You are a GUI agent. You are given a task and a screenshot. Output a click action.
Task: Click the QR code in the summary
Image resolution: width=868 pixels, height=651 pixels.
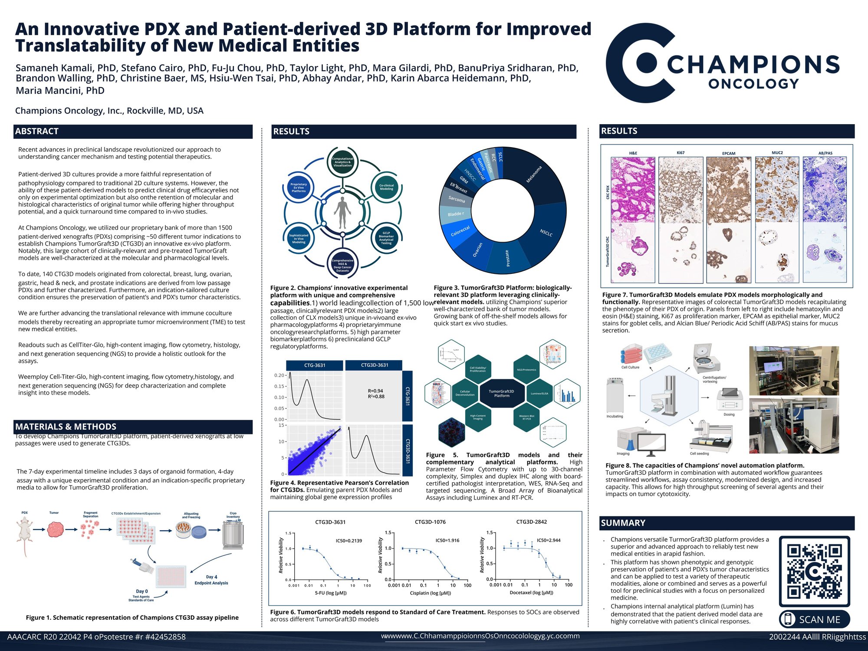814,571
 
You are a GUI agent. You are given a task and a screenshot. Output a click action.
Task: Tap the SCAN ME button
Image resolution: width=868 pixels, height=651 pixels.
814,619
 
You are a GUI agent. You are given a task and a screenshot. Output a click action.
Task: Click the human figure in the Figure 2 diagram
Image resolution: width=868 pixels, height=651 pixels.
342,213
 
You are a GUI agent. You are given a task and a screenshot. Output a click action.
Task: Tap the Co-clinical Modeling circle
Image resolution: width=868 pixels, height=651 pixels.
386,187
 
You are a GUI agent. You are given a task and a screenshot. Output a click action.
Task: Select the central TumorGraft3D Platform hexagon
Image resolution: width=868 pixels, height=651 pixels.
501,393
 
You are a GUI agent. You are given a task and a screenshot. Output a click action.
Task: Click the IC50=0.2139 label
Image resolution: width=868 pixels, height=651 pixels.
349,541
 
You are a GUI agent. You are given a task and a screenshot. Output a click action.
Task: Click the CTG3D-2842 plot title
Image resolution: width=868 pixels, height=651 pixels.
531,522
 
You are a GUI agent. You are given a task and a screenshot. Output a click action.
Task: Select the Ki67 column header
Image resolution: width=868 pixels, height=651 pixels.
680,153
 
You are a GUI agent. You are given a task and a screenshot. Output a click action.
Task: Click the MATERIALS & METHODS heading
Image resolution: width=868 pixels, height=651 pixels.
66,427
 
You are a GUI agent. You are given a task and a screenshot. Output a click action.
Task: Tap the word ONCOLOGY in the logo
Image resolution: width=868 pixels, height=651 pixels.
753,84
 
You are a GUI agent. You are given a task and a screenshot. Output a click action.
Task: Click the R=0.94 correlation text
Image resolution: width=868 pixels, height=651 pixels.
375,391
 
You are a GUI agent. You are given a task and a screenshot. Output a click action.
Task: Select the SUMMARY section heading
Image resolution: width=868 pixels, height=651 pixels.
623,523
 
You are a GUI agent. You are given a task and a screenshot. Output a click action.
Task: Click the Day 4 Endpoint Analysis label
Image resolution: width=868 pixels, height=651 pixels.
211,580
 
